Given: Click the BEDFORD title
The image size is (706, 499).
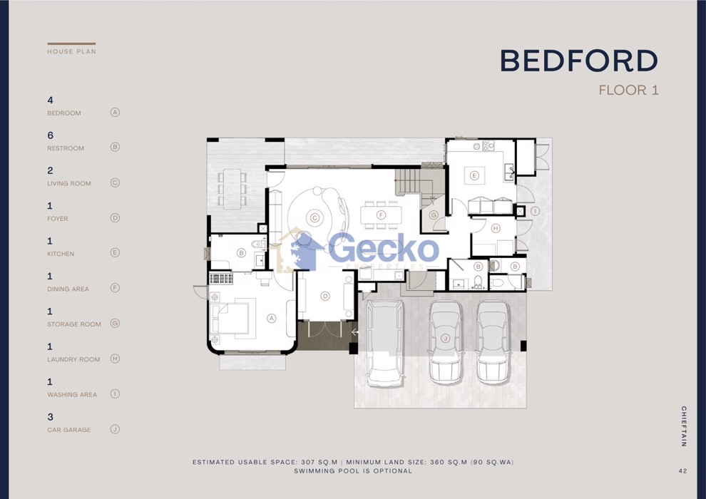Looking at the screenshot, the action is click(x=579, y=61).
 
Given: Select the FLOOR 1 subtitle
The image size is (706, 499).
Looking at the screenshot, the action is click(x=628, y=90).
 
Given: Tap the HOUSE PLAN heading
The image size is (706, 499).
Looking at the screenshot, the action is click(x=71, y=52).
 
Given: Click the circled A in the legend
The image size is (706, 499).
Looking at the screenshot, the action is click(x=115, y=112).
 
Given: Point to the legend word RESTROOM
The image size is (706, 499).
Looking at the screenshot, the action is click(x=66, y=148).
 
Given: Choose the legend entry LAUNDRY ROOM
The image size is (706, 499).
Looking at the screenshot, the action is click(x=74, y=359).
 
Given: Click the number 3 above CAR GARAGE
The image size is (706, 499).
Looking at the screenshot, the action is click(x=50, y=417).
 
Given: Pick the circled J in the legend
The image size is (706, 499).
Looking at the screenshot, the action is click(x=115, y=429).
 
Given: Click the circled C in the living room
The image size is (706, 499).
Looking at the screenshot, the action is click(x=314, y=218).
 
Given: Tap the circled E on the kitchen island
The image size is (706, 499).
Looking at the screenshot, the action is click(x=474, y=175).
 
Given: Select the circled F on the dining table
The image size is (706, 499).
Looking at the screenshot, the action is click(x=381, y=215).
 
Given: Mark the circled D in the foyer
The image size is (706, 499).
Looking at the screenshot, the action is click(x=325, y=296).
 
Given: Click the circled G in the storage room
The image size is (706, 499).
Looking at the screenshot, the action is click(x=434, y=215).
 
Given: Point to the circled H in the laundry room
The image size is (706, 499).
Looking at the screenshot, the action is click(x=496, y=229).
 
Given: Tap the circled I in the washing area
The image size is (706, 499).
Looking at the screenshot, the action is click(x=535, y=210).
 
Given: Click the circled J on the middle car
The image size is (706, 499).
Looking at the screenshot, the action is click(x=445, y=339).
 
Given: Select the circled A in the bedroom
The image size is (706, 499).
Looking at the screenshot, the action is click(x=272, y=319).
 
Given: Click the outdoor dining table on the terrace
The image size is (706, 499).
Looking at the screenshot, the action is click(x=232, y=189).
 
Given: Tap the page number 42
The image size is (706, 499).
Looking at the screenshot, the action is click(x=682, y=471).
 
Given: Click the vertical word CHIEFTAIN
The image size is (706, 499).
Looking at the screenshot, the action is click(x=683, y=426).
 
